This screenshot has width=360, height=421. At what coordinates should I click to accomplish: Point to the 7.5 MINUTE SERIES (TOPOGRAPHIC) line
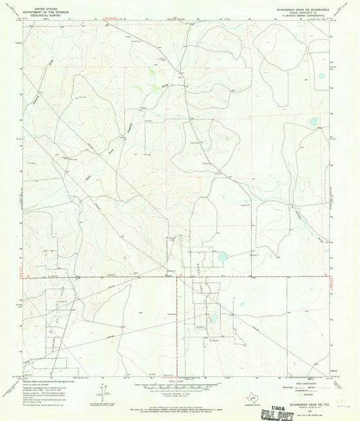tap(301, 16)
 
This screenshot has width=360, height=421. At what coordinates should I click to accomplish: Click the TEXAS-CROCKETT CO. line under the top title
tap(301, 13)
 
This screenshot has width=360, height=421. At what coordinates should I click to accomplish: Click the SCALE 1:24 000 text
tap(179, 378)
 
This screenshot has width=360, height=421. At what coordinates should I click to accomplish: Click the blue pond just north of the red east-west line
tap(222, 257)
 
